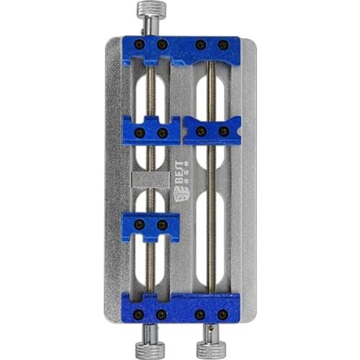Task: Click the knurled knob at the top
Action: [150, 10]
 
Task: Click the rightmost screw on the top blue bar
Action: [224, 45]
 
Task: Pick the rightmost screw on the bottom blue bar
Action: [224, 315]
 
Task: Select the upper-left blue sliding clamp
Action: [150, 130]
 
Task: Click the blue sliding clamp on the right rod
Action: [212, 130]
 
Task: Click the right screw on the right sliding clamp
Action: [224, 131]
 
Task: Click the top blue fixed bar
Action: [181, 49]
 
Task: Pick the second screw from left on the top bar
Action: [162, 45]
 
